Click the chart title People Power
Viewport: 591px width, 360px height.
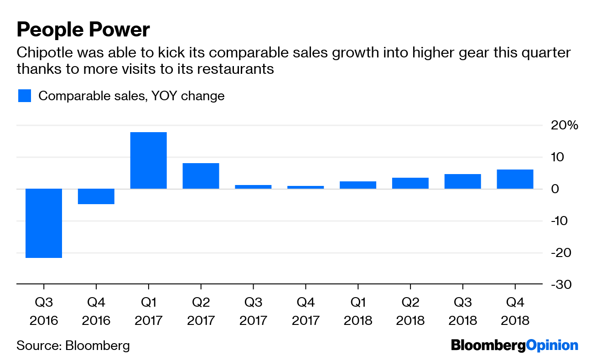pos(83,30)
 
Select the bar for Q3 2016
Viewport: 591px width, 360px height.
pos(44,223)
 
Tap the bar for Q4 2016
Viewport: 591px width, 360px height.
pos(96,196)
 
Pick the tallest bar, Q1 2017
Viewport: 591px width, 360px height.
pos(148,160)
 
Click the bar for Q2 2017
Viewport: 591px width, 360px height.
pos(201,176)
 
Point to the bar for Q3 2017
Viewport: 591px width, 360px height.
pos(253,186)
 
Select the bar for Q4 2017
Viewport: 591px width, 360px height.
pos(306,187)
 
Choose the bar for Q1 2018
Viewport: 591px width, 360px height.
pos(358,185)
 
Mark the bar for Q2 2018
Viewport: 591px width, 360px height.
pos(410,183)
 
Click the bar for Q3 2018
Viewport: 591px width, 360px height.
pos(463,181)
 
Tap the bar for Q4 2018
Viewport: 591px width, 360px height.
pos(515,179)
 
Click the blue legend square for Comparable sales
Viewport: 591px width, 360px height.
pos(25,96)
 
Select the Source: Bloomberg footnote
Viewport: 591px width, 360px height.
pos(73,345)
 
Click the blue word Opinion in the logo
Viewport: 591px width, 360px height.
pos(552,345)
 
